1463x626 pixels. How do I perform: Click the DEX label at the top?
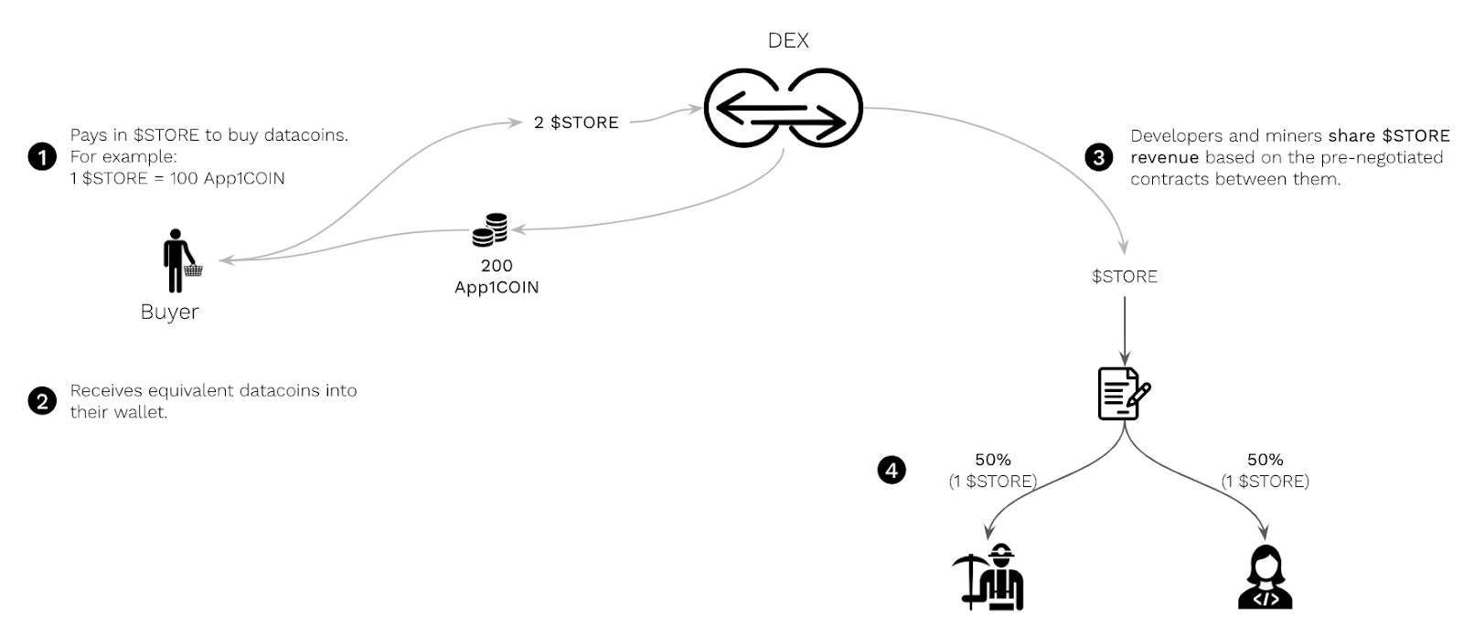(788, 40)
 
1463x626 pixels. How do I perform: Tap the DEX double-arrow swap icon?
(783, 108)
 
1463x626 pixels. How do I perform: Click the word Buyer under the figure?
(169, 312)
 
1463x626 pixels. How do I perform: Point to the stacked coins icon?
(490, 230)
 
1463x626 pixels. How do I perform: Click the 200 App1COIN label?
(497, 276)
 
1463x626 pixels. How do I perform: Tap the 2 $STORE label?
(576, 122)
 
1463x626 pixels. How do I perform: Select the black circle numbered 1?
(42, 156)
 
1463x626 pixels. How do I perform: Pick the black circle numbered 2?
(42, 400)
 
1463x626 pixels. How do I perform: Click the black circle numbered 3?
(1099, 157)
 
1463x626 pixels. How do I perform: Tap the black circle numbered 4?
(892, 471)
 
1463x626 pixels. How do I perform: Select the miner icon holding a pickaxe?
(988, 578)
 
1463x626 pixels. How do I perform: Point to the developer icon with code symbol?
(1265, 578)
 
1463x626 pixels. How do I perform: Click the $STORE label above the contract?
(1125, 276)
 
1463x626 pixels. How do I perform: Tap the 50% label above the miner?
(992, 460)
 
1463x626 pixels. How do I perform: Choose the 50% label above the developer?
(1265, 460)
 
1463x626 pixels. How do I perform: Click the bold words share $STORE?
(1389, 136)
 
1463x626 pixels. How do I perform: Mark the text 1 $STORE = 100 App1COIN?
(177, 178)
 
